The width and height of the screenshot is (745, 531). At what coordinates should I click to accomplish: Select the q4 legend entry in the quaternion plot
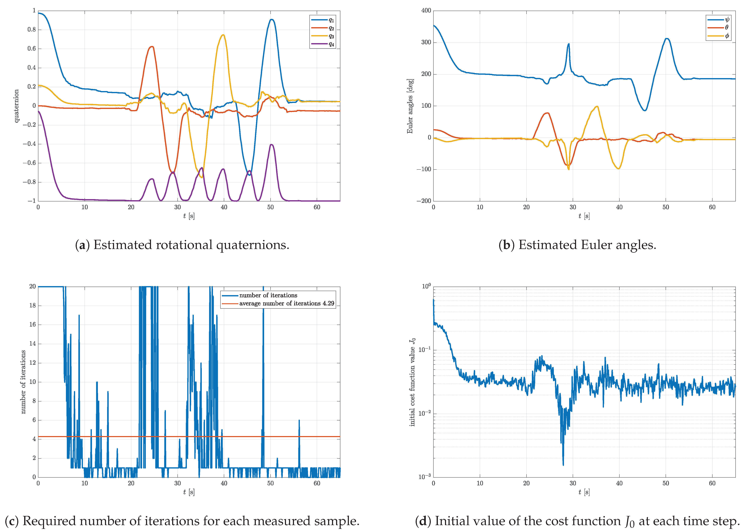tap(331, 44)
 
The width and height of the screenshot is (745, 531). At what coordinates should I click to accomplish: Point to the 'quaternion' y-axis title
tap(16, 106)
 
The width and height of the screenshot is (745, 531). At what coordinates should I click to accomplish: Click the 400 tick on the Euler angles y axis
tap(426, 11)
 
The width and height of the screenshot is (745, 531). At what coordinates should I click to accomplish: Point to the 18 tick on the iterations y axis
tap(32, 305)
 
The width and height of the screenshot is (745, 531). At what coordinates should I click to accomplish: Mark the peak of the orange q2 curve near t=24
tap(152, 47)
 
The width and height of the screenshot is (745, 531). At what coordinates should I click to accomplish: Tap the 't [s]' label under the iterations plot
tap(189, 492)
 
